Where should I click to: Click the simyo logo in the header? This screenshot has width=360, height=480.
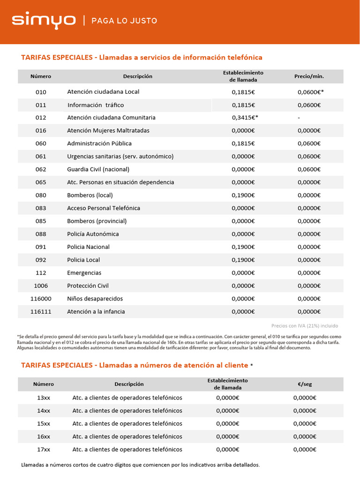pyautogui.click(x=44, y=20)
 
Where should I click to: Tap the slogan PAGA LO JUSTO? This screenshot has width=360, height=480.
pyautogui.click(x=124, y=21)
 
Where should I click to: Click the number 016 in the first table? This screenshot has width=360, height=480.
pyautogui.click(x=41, y=130)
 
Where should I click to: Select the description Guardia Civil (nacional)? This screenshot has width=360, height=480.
pyautogui.click(x=98, y=169)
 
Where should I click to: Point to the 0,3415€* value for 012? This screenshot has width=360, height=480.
pyautogui.click(x=245, y=118)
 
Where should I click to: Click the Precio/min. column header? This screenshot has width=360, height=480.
pyautogui.click(x=309, y=76)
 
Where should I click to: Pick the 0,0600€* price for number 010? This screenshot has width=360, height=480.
pyautogui.click(x=310, y=92)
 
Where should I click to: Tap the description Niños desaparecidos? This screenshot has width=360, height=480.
pyautogui.click(x=95, y=299)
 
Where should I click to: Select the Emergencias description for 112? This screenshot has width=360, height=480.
pyautogui.click(x=84, y=273)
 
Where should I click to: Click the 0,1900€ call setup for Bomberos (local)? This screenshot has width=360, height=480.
pyautogui.click(x=243, y=195)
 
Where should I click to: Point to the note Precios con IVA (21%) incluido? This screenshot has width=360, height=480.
pyautogui.click(x=304, y=326)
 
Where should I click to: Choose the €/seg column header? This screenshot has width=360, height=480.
pyautogui.click(x=304, y=384)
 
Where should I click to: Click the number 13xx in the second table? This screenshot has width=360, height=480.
pyautogui.click(x=43, y=397)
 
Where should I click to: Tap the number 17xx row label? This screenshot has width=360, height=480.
pyautogui.click(x=43, y=449)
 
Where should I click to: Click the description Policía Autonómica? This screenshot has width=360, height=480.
pyautogui.click(x=93, y=234)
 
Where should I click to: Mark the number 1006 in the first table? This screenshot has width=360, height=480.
pyautogui.click(x=41, y=285)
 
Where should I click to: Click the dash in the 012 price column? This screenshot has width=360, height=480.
pyautogui.click(x=299, y=118)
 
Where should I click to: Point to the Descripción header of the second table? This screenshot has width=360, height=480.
pyautogui.click(x=129, y=384)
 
